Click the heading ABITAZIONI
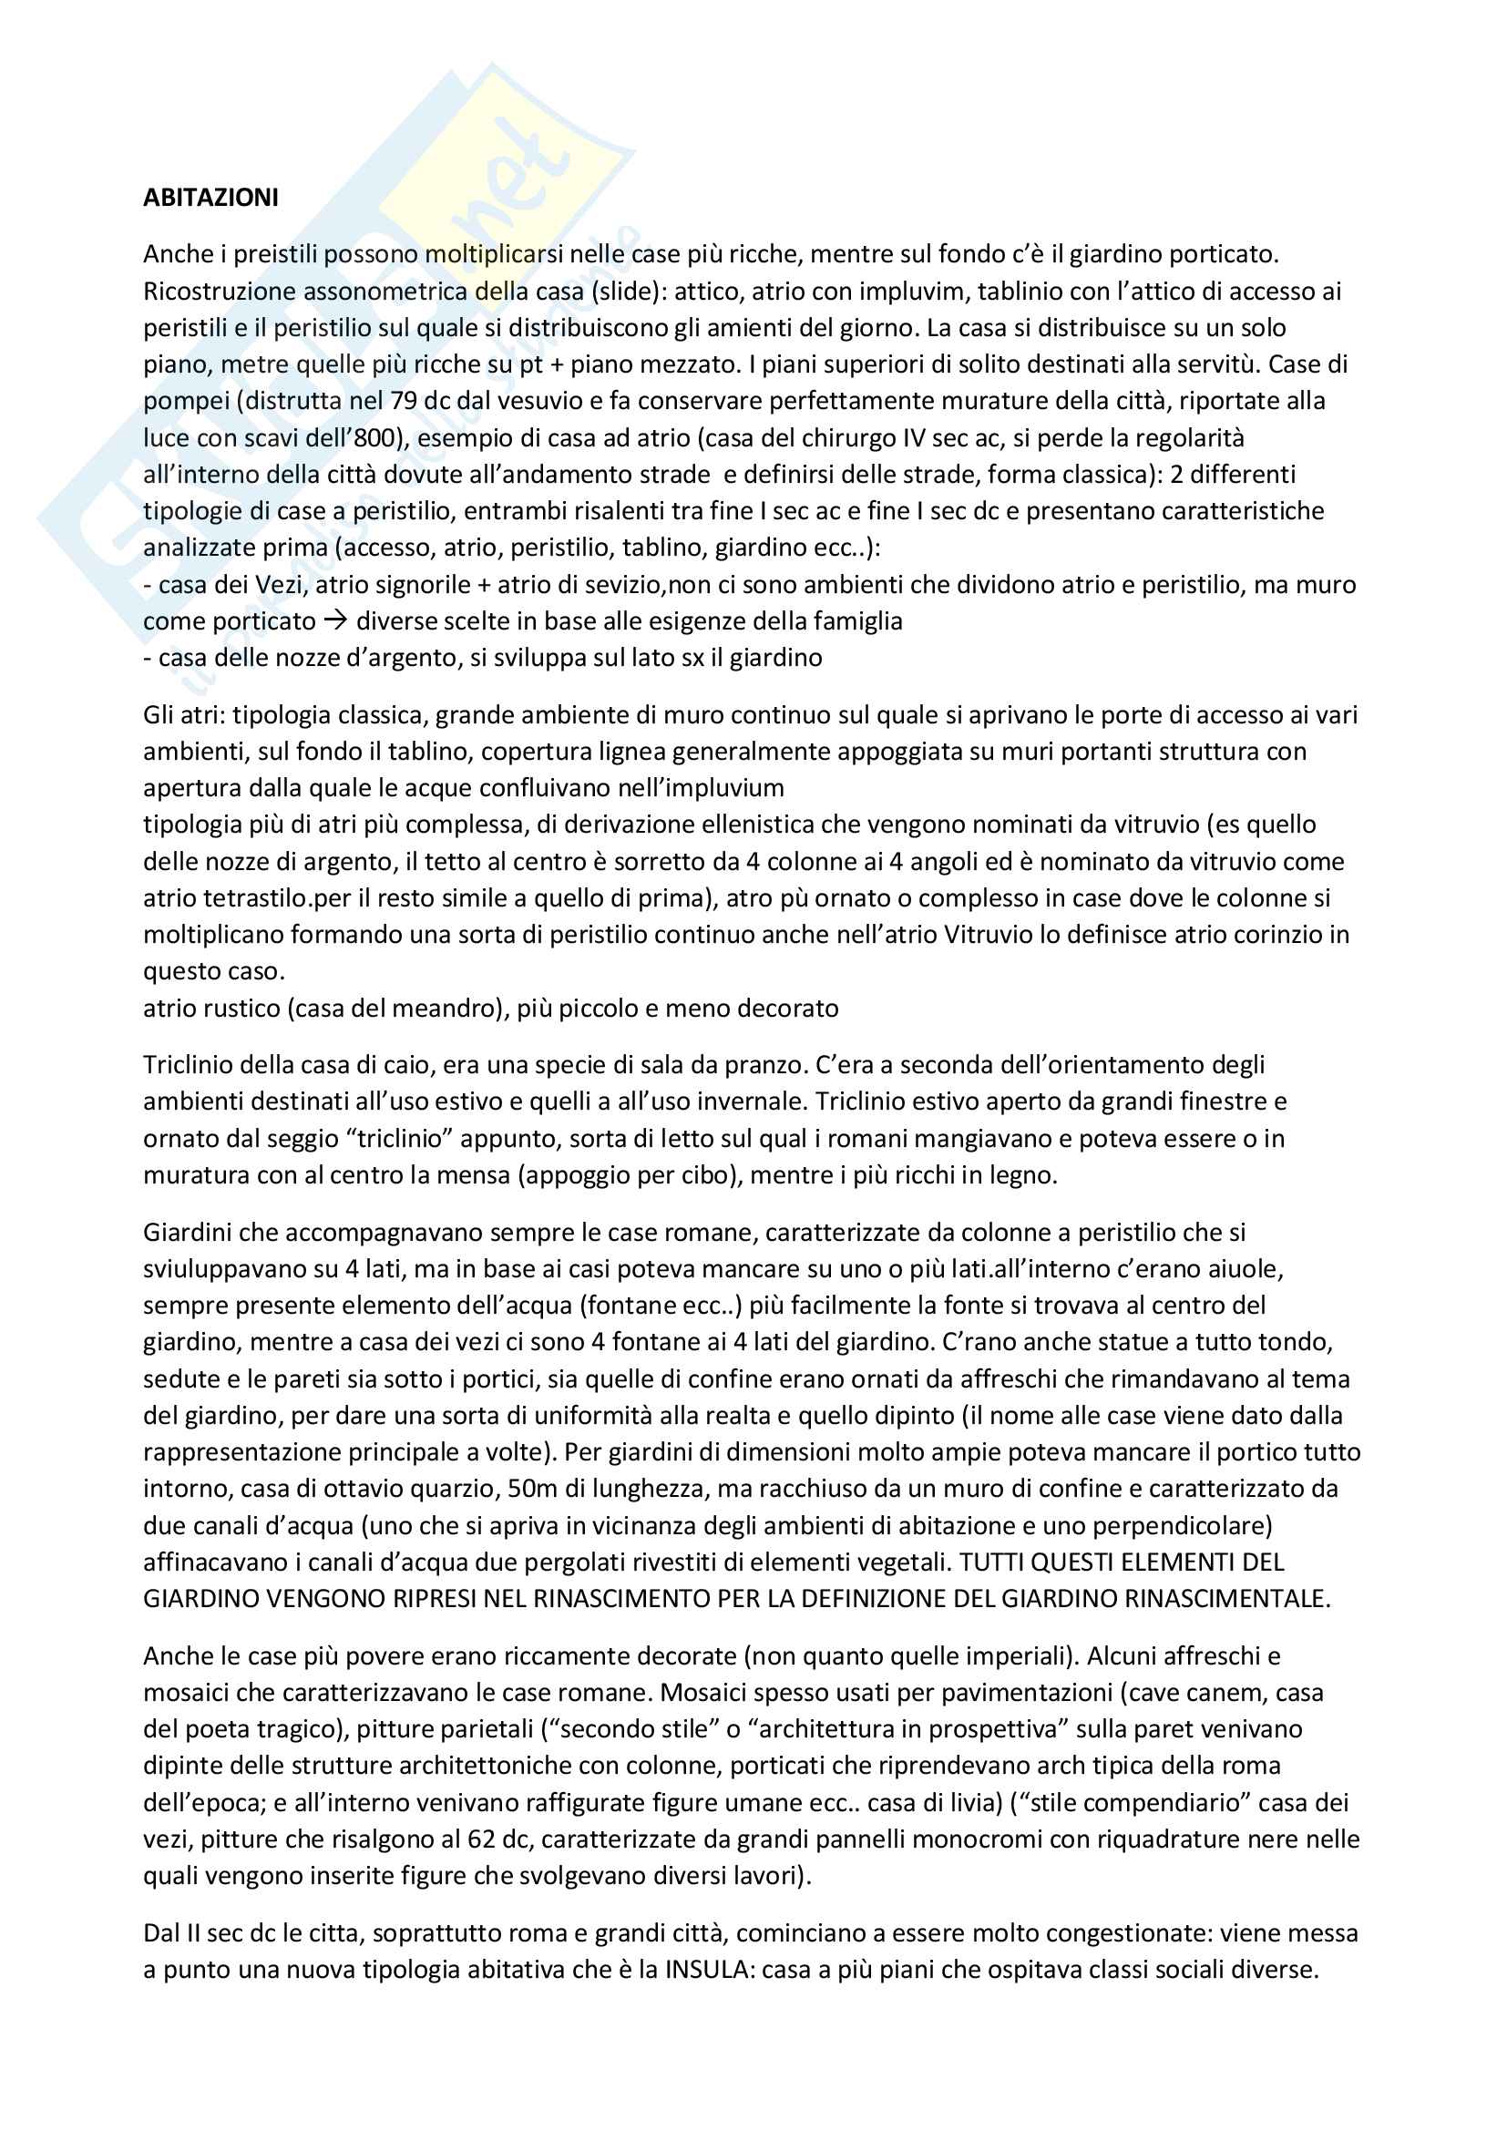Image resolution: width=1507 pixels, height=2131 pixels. [210, 198]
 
